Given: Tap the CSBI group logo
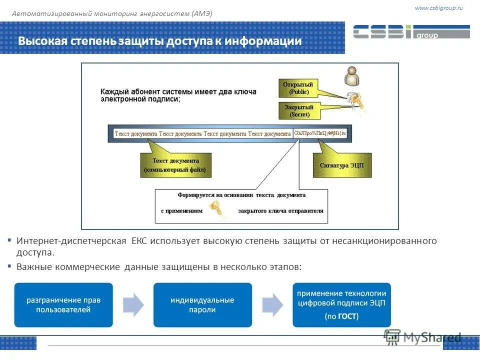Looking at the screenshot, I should point(411,32).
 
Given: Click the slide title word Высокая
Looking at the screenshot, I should point(41,41).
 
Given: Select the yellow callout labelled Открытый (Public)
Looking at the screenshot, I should point(298,88).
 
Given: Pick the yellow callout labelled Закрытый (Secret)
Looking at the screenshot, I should point(298,110).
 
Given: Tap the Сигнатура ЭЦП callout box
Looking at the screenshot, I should point(342,165).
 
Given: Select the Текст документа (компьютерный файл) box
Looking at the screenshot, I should point(175,165).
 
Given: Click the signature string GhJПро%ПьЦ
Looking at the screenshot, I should point(320,133).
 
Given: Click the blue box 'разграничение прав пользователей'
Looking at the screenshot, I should point(63,305).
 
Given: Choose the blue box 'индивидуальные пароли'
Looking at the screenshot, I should point(202,305).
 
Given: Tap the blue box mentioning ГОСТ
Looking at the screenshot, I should point(341,305).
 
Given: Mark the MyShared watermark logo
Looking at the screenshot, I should point(422,337).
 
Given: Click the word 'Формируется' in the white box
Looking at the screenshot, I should point(195,195).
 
